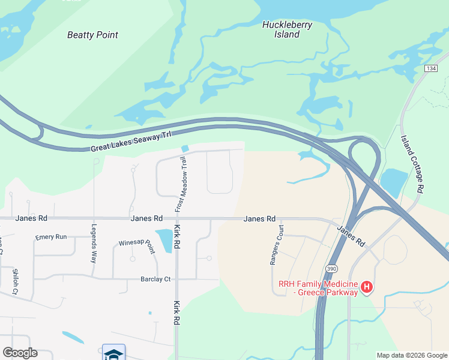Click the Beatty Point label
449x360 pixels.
[92, 35]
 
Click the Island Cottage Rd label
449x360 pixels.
[412, 163]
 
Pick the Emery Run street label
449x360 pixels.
[51, 237]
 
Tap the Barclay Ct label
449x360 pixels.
[155, 279]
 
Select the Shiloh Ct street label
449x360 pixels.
[15, 280]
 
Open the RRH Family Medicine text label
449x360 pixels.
[318, 288]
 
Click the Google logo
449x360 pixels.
[20, 353]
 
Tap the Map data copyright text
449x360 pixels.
[412, 355]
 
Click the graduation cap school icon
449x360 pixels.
[113, 354]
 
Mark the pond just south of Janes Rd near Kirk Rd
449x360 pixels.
[163, 239]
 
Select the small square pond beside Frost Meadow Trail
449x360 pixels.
[185, 148]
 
